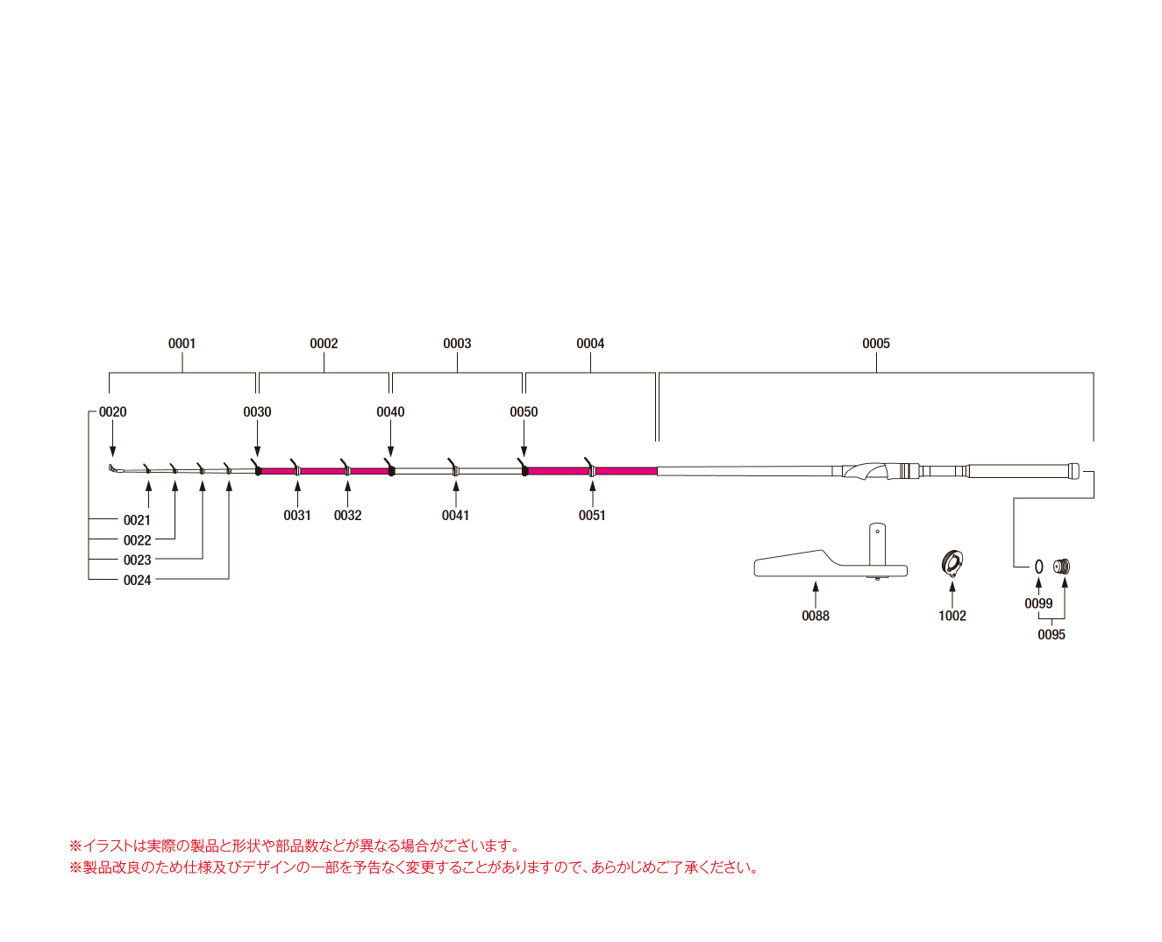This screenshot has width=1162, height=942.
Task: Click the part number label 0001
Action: coord(182,343)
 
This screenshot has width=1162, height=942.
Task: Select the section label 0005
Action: coord(875,343)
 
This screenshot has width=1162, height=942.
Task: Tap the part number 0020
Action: coord(112,411)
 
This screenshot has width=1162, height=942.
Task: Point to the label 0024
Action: coord(137,580)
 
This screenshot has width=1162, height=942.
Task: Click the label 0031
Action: coord(297,515)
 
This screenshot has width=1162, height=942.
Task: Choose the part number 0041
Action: coord(455,515)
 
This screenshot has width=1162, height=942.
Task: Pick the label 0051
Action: coord(592,515)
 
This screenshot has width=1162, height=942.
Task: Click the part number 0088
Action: coord(815,616)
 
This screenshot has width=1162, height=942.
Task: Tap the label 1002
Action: coord(952,616)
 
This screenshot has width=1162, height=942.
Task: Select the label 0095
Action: coord(1051,634)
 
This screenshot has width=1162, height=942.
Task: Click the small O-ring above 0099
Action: coord(1039,567)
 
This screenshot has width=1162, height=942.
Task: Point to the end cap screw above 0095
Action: coord(1063,566)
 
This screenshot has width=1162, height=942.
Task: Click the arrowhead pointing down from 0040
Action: coord(390,451)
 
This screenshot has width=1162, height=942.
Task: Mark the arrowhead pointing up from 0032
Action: coord(347,485)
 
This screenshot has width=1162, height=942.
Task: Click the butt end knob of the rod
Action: coord(1073,471)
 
